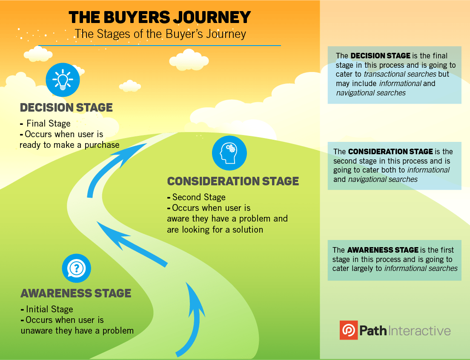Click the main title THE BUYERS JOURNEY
[x=160, y=17]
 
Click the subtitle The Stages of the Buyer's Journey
[x=160, y=34]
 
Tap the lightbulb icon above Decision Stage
[x=63, y=80]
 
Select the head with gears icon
[x=229, y=153]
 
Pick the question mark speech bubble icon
[x=77, y=268]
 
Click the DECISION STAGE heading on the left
[x=66, y=108]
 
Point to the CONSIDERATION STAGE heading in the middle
[x=233, y=181]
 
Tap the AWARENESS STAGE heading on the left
[x=76, y=293]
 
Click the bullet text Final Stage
[x=48, y=124]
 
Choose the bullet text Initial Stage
[x=49, y=310]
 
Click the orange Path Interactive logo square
[x=348, y=330]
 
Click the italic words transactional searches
[x=400, y=74]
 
